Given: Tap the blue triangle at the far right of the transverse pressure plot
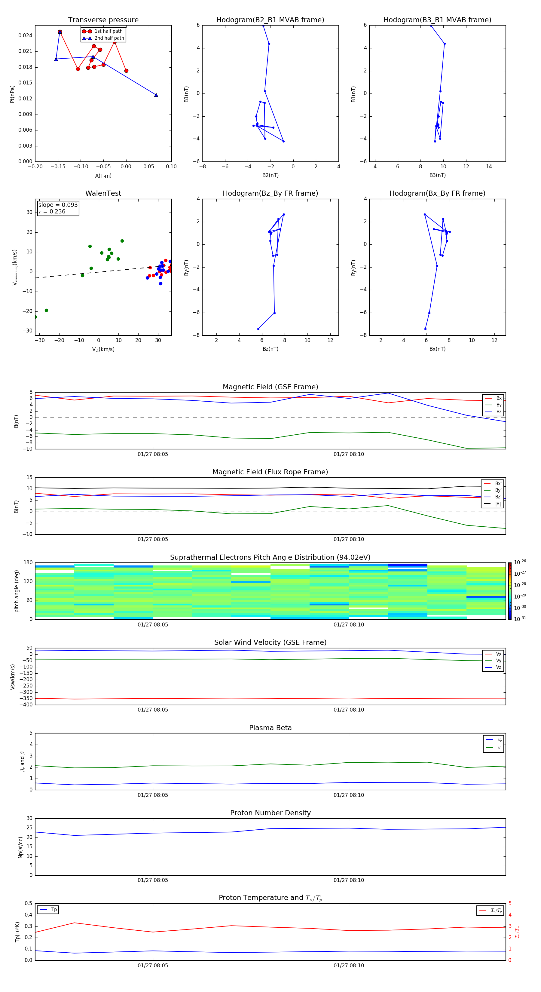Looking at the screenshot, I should (156, 95).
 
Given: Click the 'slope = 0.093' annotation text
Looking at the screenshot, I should (58, 205).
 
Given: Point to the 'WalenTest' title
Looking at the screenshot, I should (103, 193).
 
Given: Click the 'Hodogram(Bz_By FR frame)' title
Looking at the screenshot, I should (270, 193).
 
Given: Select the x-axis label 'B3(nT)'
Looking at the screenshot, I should (437, 175).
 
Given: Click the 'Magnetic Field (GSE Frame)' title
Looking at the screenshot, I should (270, 387).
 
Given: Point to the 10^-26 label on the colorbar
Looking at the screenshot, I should (520, 562).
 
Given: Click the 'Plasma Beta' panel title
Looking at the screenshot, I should (270, 728).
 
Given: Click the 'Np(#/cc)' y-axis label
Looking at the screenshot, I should (20, 847).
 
